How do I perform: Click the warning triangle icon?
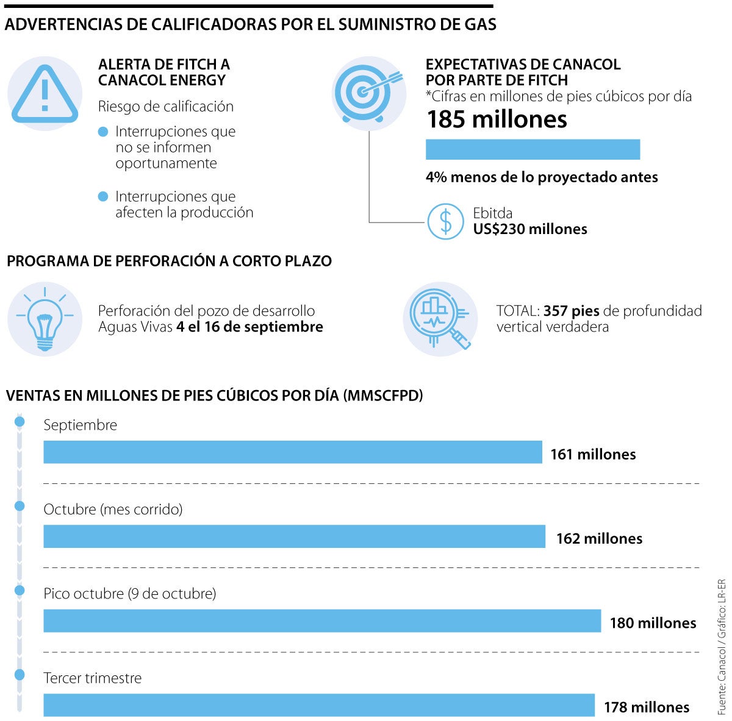(45, 93)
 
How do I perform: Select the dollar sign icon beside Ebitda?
(446, 221)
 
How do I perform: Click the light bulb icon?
(45, 318)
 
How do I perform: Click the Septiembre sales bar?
(293, 452)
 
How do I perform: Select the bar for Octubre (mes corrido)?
(294, 536)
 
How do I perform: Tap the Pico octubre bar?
(322, 620)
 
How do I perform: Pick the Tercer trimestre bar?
(319, 705)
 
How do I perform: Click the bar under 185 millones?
(533, 149)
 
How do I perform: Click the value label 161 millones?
(593, 454)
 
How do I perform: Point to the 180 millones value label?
(653, 623)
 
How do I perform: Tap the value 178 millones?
(647, 707)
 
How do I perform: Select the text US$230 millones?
(530, 229)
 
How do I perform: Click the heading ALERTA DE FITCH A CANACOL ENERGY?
(164, 73)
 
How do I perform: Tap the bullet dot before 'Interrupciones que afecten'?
(104, 196)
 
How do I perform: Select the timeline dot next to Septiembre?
(20, 422)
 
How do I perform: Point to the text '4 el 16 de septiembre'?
(249, 327)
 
